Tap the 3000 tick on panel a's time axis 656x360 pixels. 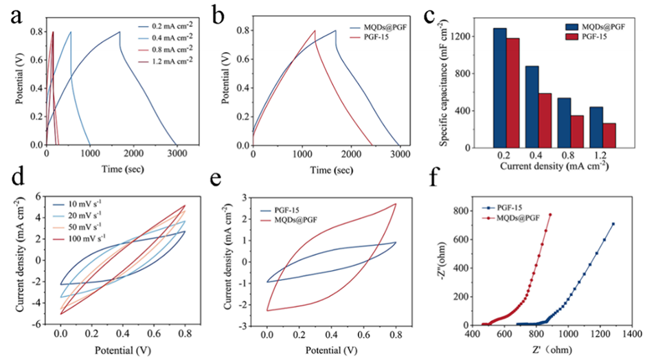[x=177, y=154]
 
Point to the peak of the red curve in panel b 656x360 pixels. [x=315, y=30]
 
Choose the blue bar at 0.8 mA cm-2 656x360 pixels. [x=564, y=122]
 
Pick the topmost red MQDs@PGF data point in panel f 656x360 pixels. [x=550, y=214]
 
